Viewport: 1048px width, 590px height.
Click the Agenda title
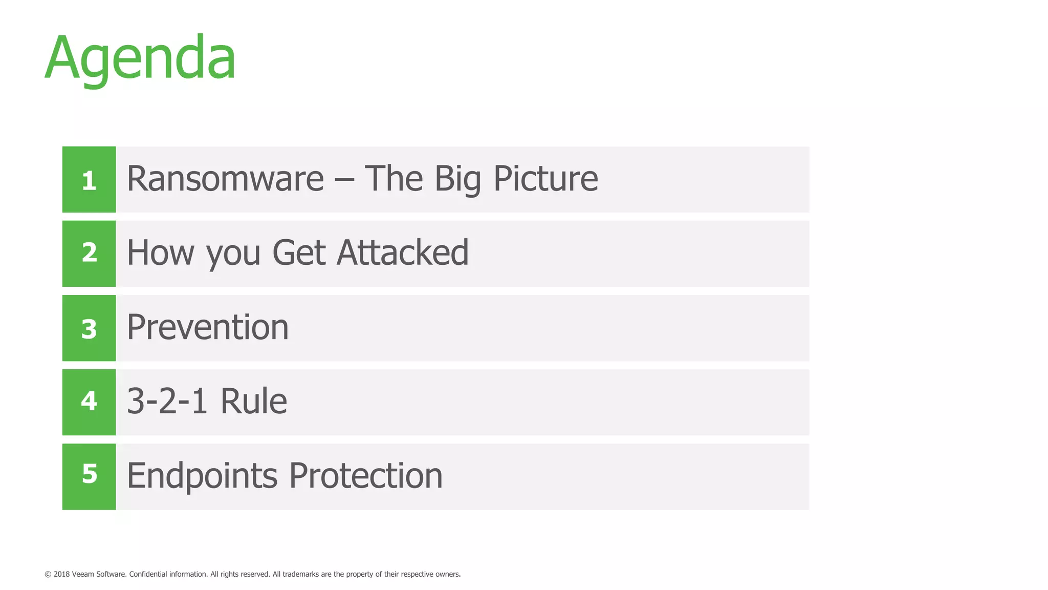coord(140,58)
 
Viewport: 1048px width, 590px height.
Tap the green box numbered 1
coord(89,180)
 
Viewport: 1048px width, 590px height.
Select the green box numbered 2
coord(89,254)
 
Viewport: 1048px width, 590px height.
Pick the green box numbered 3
coord(89,328)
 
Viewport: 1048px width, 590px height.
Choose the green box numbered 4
coord(89,402)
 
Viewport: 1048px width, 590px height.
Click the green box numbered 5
coord(89,476)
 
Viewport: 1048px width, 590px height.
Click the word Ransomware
coord(225,179)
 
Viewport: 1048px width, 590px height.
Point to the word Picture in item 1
coord(545,179)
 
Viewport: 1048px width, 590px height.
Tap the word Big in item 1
coord(457,180)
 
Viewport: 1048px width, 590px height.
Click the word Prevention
coord(208,327)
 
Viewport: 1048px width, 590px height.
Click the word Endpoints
coord(202,476)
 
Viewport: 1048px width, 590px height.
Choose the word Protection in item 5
coord(365,476)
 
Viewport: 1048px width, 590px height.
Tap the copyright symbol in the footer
coord(48,575)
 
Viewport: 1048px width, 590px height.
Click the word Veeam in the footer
coord(83,574)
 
